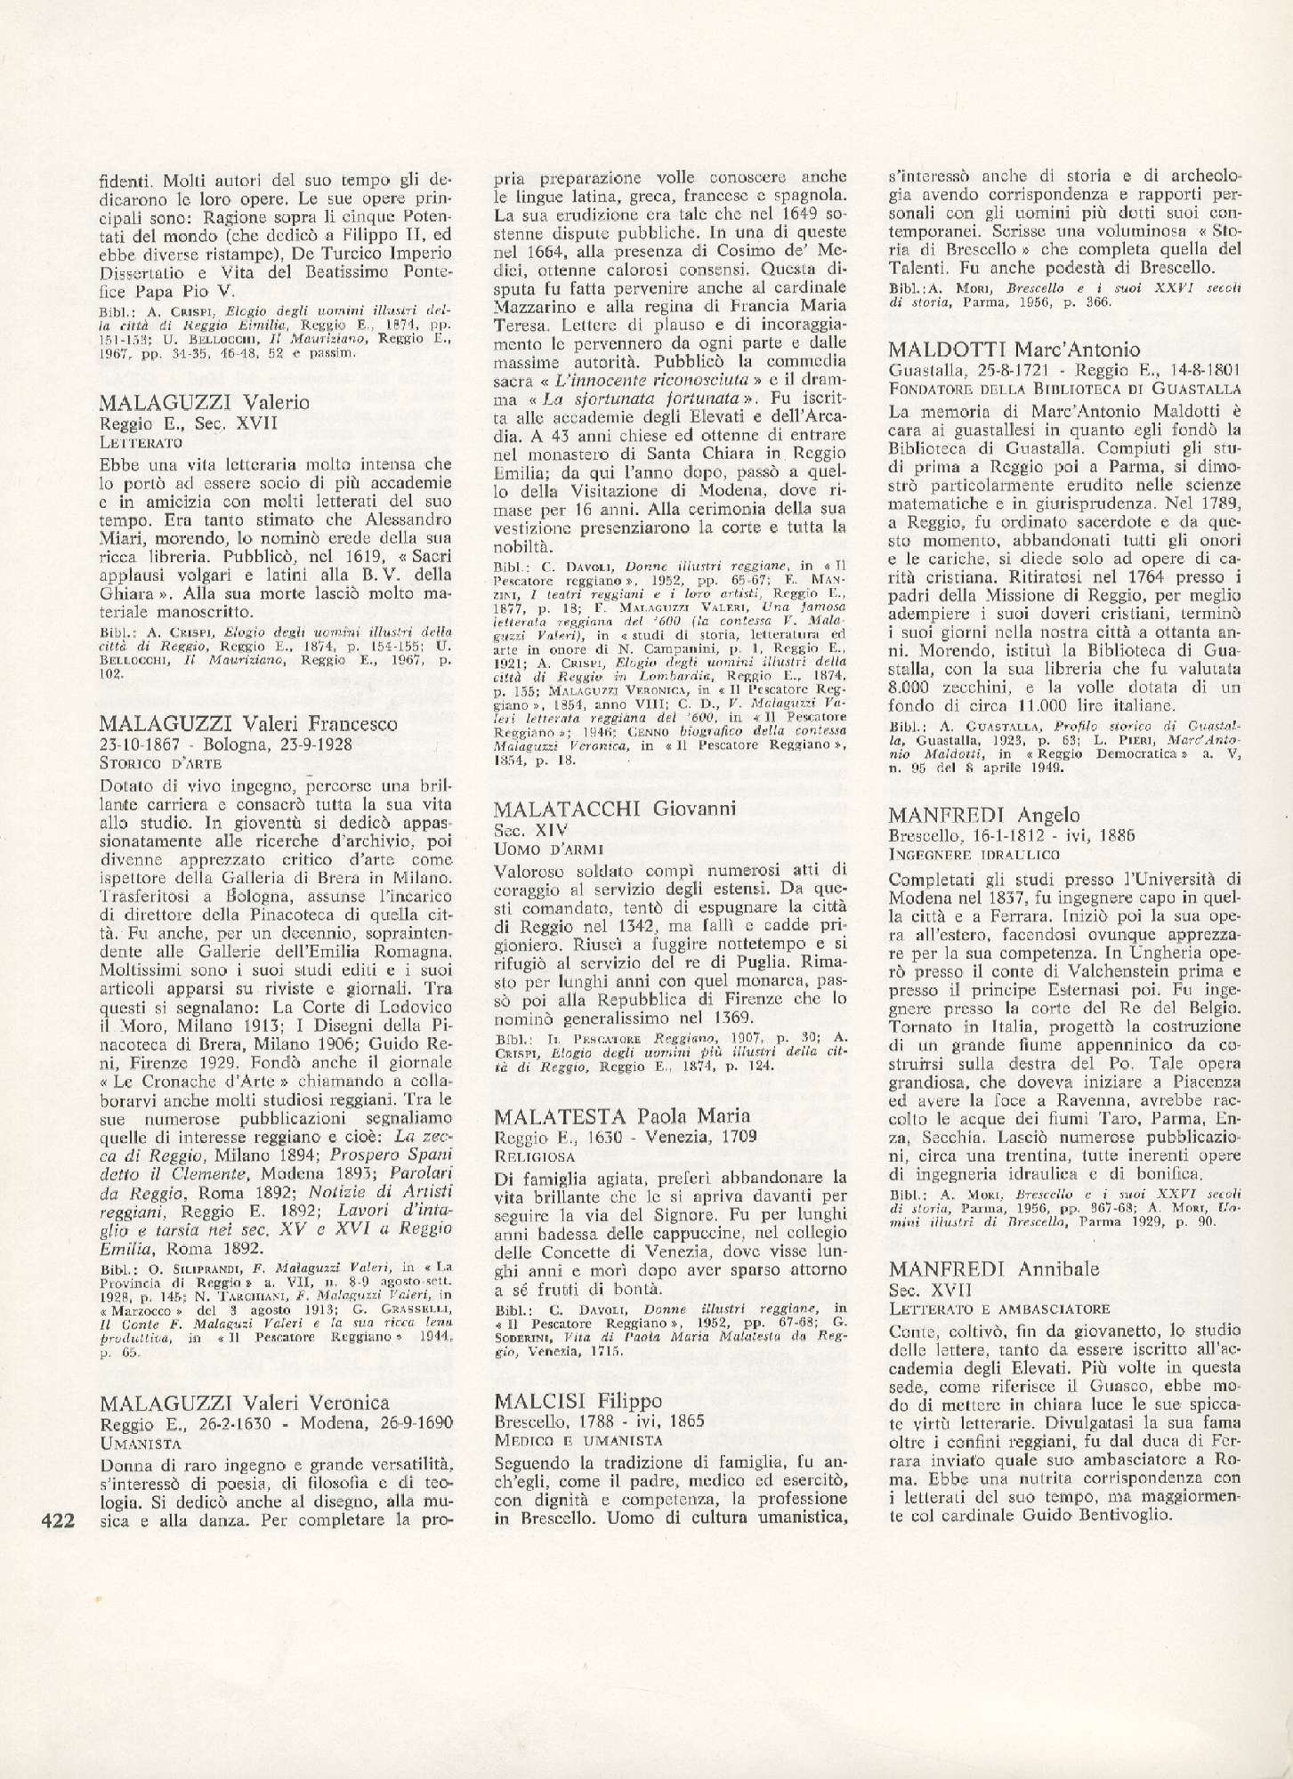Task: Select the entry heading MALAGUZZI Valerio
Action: point(205,402)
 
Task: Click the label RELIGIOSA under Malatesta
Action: point(534,1156)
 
